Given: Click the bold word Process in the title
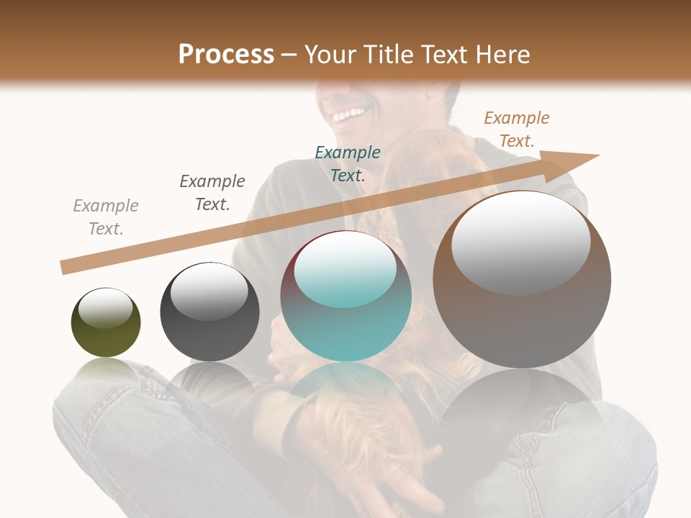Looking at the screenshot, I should (x=226, y=55).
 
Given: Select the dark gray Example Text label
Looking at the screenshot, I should (x=212, y=193).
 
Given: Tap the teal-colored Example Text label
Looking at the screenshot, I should (x=348, y=163).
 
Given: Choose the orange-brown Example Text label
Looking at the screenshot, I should (x=517, y=129).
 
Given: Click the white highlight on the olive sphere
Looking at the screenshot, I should (x=106, y=308).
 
